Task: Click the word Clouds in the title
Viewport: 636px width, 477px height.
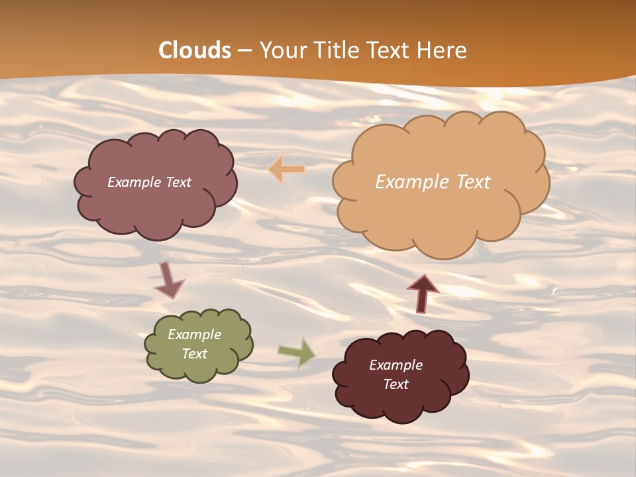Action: click(x=195, y=50)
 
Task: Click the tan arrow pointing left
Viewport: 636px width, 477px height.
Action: click(x=287, y=170)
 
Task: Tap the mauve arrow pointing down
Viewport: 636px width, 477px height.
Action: click(x=168, y=280)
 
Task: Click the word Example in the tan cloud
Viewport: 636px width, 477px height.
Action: click(x=406, y=182)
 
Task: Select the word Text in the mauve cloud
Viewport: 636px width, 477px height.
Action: click(x=178, y=182)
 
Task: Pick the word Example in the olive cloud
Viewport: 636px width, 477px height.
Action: click(x=194, y=335)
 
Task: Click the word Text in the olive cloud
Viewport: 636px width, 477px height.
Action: click(x=194, y=354)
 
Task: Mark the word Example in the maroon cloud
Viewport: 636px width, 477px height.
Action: click(x=396, y=365)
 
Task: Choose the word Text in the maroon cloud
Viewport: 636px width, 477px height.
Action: click(x=396, y=384)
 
